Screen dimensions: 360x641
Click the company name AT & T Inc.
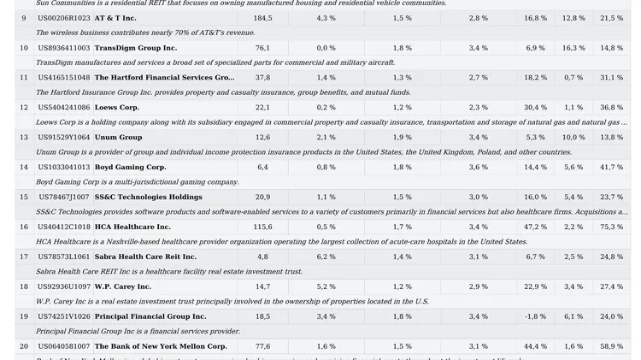pos(115,18)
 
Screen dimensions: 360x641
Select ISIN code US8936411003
pos(64,48)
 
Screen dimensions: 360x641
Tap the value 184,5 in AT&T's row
pos(262,18)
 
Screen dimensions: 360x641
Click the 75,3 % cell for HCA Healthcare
pos(611,227)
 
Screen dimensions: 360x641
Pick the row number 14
pos(24,167)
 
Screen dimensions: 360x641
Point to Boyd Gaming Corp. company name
pos(130,167)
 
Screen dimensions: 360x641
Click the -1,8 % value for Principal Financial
pos(535,316)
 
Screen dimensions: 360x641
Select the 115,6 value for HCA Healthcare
pos(262,227)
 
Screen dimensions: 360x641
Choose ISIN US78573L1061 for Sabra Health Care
pos(64,257)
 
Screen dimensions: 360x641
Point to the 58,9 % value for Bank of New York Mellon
pos(611,346)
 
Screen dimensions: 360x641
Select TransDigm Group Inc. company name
pos(135,48)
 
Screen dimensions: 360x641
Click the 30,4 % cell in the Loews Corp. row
pos(535,108)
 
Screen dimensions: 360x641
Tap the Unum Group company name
pos(118,137)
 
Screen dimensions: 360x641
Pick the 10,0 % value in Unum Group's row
pos(573,137)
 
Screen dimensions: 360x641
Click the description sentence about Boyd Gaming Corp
pos(137,182)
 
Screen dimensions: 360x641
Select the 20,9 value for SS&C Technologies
pos(262,197)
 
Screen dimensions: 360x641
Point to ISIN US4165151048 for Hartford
pos(64,78)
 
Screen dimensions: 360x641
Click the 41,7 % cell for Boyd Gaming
pos(611,167)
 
